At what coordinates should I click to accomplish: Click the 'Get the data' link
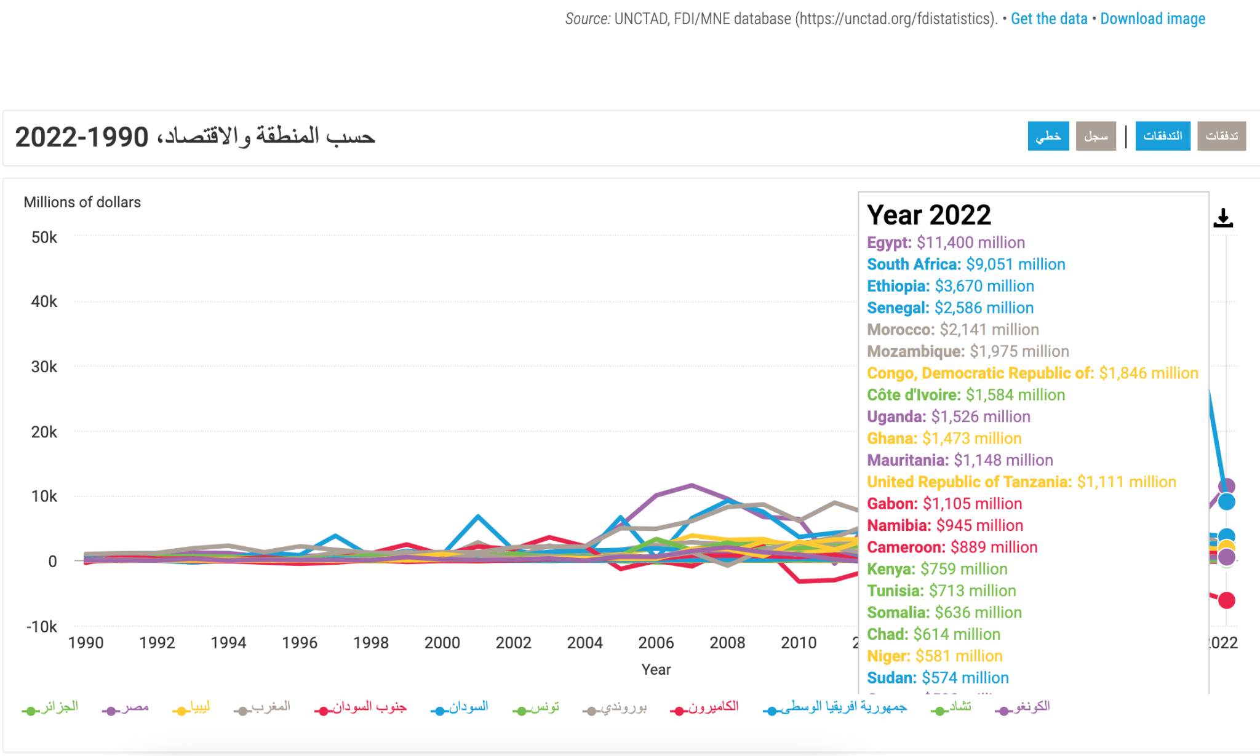[x=1049, y=19]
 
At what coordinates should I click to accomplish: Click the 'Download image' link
[x=1152, y=19]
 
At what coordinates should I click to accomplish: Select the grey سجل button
[x=1096, y=136]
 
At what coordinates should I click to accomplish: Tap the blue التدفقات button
[x=1162, y=136]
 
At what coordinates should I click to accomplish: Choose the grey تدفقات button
[x=1221, y=136]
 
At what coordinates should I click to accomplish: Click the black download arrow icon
[x=1223, y=218]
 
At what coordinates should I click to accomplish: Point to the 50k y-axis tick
[x=44, y=237]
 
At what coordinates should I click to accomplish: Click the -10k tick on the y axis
[x=42, y=627]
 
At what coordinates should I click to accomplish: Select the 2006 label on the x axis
[x=656, y=643]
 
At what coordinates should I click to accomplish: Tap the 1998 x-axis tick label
[x=371, y=643]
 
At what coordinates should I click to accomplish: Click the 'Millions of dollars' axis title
[x=82, y=202]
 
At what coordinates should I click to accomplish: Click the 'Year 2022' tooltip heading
[x=929, y=215]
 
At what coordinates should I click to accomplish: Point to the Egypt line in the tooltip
[x=946, y=242]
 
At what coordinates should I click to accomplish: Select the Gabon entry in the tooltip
[x=944, y=504]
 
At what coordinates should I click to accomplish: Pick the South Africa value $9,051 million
[x=1015, y=265]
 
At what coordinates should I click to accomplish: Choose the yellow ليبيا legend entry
[x=193, y=707]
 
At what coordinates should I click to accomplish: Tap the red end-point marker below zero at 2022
[x=1226, y=600]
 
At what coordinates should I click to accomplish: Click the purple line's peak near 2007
[x=692, y=485]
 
